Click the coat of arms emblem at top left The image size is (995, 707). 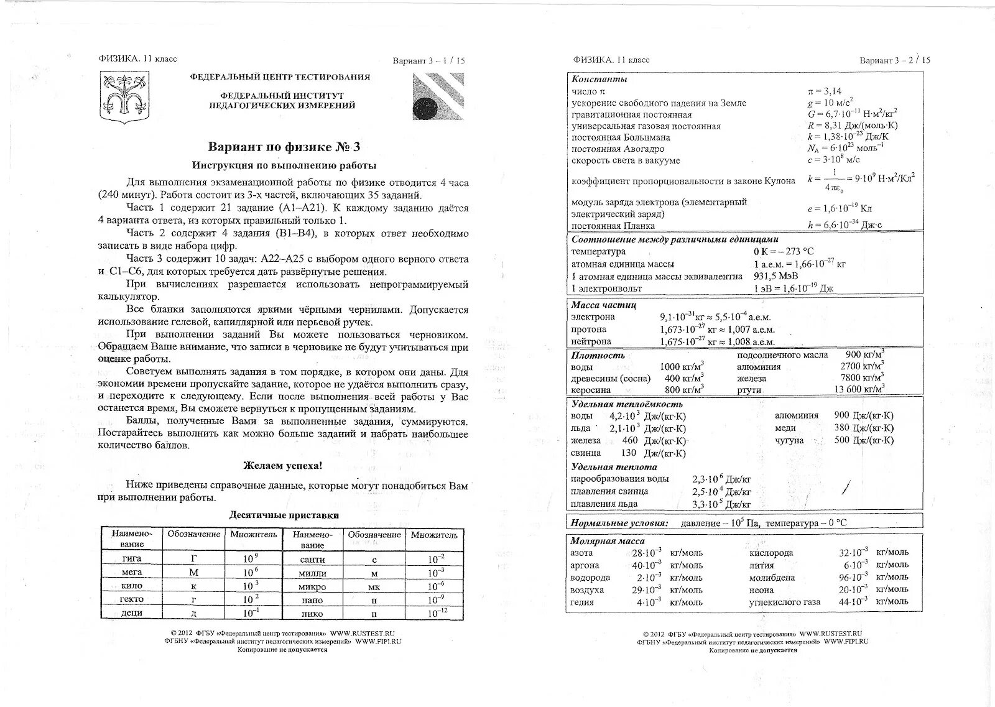tap(126, 96)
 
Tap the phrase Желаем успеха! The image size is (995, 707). tap(282, 465)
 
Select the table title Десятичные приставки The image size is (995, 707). tap(284, 515)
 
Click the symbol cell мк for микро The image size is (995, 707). tap(374, 586)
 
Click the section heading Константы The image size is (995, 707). tap(599, 80)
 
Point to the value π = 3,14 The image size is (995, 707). tap(824, 91)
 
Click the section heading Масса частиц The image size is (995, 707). tap(603, 305)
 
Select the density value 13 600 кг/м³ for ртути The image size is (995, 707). tap(859, 389)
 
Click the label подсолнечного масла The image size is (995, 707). tap(782, 355)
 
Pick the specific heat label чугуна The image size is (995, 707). tap(789, 440)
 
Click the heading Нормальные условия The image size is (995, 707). tap(619, 523)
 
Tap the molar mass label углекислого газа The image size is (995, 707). tap(785, 602)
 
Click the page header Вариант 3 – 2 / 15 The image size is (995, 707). tap(895, 60)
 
